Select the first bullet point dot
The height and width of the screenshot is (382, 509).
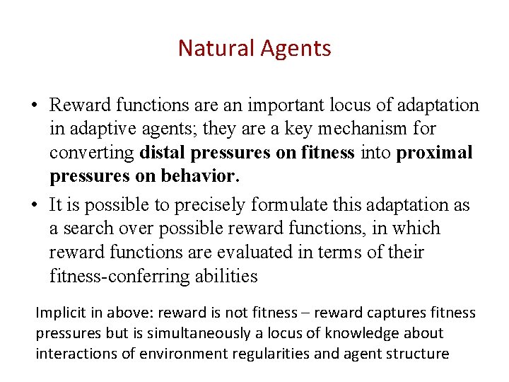[x=33, y=107]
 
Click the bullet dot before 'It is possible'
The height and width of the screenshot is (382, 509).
[x=33, y=206]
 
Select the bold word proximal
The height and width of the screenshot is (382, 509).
[x=434, y=153]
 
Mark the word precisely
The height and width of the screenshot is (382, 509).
[x=219, y=205]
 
